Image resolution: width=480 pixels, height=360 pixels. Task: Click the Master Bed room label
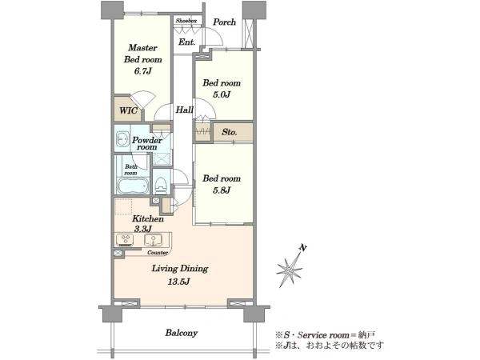143,54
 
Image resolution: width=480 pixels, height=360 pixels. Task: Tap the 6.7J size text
142,71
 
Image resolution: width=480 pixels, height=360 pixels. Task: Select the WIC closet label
128,110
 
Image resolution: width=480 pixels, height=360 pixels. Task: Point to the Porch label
224,22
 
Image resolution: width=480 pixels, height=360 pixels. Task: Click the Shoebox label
186,21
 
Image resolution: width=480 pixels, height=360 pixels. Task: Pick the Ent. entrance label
186,42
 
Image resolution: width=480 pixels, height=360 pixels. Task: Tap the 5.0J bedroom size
222,94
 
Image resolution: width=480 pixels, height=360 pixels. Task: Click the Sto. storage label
230,132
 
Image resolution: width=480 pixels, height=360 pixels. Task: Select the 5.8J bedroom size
222,190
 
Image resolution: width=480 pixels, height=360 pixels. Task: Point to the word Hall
184,110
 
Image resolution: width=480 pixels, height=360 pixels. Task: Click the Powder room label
147,143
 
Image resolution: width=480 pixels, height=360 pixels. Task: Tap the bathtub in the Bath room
133,186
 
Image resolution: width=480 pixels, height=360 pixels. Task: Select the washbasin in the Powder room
122,139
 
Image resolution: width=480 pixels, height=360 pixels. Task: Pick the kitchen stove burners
126,240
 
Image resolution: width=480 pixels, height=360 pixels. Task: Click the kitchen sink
154,240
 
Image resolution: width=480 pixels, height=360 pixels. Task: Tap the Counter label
158,253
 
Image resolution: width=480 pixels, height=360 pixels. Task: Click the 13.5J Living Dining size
178,282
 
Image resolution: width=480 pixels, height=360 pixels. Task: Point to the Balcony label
182,333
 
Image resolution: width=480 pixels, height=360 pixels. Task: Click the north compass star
290,270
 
